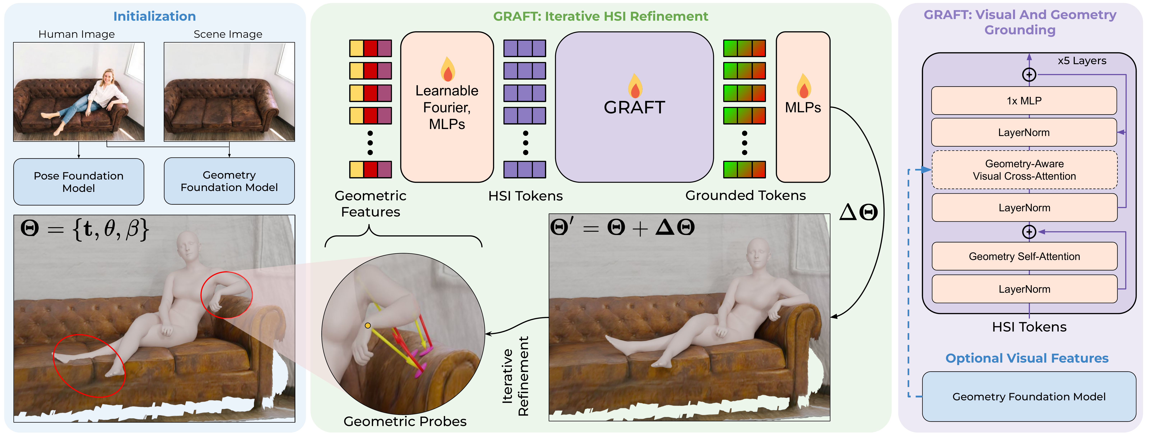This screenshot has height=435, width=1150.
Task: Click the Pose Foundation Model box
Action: point(79,182)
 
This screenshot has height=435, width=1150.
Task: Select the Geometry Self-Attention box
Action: point(1024,256)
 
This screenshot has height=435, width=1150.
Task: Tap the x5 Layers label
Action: point(1082,61)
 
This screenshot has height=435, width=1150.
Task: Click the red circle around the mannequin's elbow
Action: point(226,295)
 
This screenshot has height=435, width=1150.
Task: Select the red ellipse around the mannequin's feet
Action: point(89,365)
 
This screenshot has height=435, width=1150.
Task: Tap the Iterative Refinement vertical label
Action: point(515,376)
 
